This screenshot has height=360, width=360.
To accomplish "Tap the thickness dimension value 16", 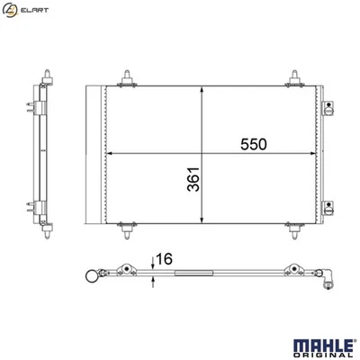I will click(x=164, y=258).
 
